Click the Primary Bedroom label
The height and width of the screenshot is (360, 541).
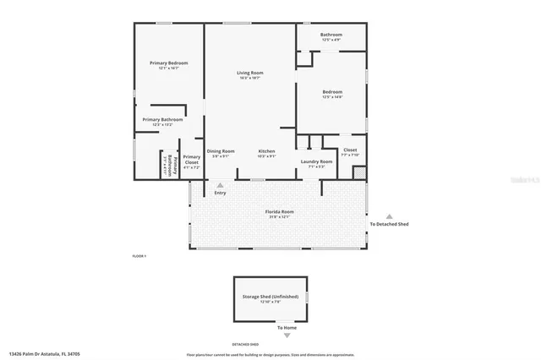[168, 63]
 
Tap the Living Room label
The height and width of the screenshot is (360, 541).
[249, 74]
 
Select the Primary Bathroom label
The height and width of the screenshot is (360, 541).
[162, 120]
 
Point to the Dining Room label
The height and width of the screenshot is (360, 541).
[220, 151]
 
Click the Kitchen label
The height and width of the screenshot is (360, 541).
[266, 151]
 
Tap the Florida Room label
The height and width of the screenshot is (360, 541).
[280, 211]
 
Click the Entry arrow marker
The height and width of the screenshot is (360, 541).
[221, 184]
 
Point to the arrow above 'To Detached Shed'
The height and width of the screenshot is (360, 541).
[389, 216]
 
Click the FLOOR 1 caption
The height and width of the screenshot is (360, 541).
[139, 255]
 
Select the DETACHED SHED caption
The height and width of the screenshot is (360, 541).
[245, 344]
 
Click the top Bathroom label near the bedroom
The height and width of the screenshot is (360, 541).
[331, 35]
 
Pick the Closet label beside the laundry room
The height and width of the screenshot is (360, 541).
[350, 150]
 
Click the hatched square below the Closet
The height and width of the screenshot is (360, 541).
[359, 172]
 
